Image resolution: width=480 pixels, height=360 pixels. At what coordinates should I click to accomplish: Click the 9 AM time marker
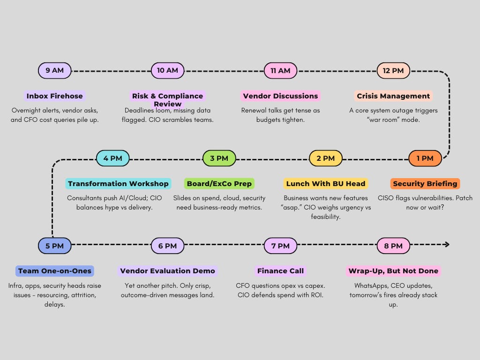pos(54,71)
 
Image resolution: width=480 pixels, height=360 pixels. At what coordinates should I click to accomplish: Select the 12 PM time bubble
pos(393,71)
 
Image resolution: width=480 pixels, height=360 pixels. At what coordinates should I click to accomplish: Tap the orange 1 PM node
pos(425,158)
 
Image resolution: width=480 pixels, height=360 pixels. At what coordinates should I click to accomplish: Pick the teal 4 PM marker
pos(112,158)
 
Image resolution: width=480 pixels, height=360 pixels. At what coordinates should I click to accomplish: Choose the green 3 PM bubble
pos(219,158)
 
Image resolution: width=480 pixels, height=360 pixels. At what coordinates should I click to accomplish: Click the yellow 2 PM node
pos(325,158)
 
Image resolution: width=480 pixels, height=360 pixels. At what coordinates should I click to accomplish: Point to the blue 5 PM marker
pos(54,246)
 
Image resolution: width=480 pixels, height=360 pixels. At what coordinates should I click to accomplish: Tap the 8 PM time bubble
pos(393,246)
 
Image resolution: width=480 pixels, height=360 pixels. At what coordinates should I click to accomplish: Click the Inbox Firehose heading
pos(54,96)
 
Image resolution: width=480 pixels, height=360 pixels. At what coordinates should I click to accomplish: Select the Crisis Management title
pos(393,96)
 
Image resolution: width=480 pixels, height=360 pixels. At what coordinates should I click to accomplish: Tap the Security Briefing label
pos(425,184)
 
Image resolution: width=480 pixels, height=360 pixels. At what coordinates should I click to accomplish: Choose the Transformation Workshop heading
pos(118,184)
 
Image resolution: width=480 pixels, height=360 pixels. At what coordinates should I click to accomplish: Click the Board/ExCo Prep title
pos(219,184)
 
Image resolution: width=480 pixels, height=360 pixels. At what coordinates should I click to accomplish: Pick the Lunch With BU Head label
pos(326,184)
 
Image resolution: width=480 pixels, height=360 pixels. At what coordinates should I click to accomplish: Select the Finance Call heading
pos(280,271)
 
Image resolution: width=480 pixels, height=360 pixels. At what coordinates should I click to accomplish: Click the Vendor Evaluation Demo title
pos(167,271)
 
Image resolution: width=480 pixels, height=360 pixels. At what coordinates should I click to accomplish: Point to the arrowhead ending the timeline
pos(447,244)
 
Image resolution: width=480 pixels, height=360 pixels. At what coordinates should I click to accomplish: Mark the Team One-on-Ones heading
pos(54,271)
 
